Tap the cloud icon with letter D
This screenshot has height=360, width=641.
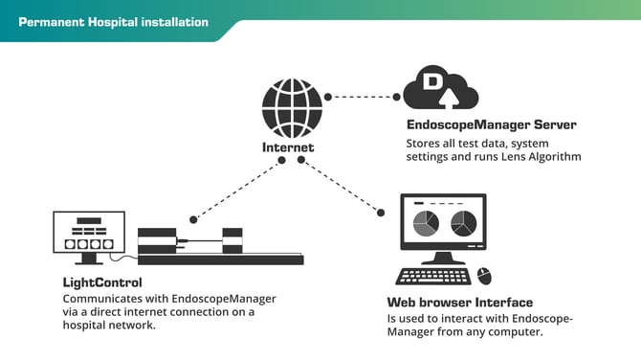(x=440, y=89)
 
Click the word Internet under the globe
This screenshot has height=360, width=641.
(x=288, y=147)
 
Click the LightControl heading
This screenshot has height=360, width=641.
(x=102, y=283)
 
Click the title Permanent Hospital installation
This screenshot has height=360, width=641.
(x=113, y=21)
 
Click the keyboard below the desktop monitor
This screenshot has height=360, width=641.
(x=433, y=277)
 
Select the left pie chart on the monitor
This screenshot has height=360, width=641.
(x=425, y=224)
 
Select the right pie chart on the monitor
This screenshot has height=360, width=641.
(x=463, y=224)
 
